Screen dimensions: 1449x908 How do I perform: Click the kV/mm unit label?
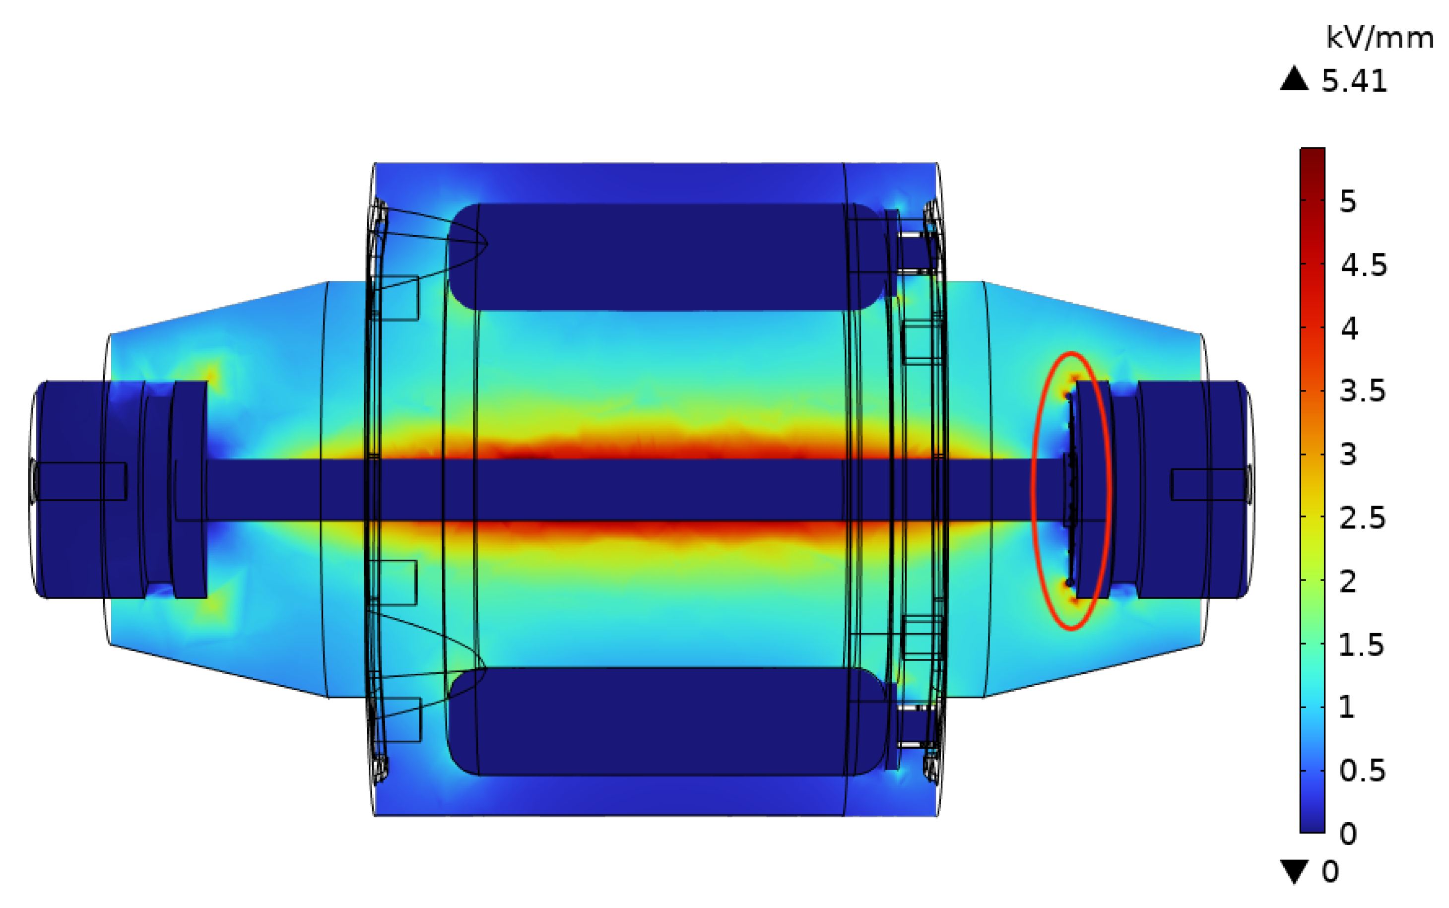pos(1380,38)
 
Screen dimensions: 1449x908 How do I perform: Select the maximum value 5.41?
pos(1354,80)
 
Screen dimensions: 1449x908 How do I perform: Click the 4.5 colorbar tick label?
pos(1363,265)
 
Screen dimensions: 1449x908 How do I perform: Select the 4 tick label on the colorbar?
pos(1349,328)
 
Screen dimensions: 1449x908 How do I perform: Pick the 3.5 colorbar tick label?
pos(1363,391)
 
